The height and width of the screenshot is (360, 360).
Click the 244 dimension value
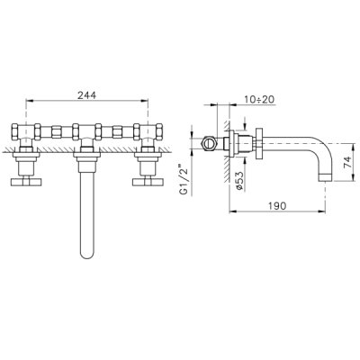87,95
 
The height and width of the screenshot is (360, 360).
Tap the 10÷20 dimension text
259,99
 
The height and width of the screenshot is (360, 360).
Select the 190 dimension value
277,206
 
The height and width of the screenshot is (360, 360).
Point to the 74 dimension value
346,162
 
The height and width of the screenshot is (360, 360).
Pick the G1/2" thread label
184,180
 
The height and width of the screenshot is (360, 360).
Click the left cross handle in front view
26,182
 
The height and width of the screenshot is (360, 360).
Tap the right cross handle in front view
148,182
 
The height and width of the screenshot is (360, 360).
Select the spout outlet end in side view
326,176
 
